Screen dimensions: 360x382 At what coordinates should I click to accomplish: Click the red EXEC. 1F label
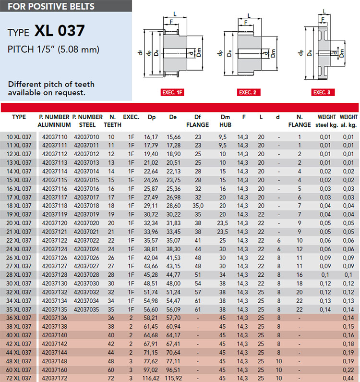(172, 92)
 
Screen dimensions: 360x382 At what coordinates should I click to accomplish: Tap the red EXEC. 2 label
(249, 92)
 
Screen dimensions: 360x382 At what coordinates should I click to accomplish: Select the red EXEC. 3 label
(323, 92)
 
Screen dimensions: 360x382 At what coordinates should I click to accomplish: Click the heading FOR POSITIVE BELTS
(51, 6)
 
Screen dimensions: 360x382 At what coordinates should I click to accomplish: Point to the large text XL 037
(60, 31)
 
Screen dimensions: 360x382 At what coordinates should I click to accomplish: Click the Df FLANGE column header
(197, 121)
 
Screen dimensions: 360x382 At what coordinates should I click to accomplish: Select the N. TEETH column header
(112, 121)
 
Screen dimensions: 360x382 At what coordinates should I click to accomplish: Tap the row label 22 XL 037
(19, 240)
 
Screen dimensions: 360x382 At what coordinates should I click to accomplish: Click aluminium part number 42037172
(55, 378)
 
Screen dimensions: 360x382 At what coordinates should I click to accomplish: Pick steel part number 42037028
(87, 275)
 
